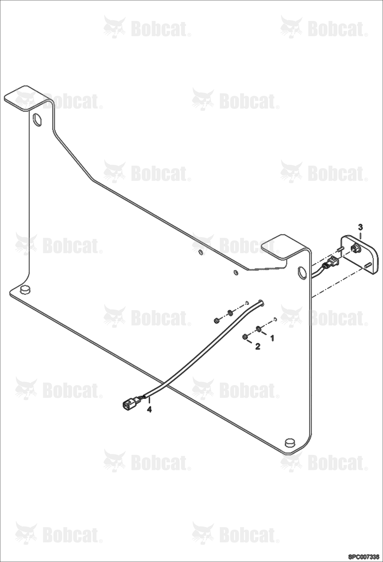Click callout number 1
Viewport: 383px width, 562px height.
[272, 338]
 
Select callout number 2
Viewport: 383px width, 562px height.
[257, 347]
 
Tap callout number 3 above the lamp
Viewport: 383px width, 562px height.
[360, 227]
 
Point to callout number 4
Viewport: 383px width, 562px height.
[149, 410]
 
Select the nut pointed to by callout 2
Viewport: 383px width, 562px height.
[244, 336]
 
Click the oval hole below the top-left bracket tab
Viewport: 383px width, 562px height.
[37, 119]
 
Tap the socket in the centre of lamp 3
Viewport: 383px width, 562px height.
[355, 248]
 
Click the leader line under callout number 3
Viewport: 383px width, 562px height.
[360, 235]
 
